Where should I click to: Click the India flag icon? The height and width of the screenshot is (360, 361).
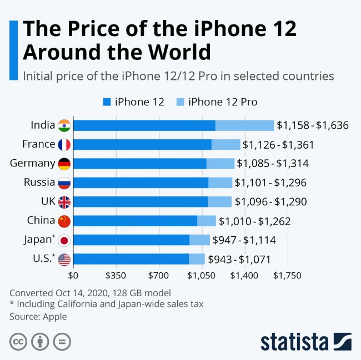(x=64, y=125)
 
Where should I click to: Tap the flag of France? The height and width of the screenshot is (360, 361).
(x=64, y=145)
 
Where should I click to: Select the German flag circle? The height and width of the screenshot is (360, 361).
(x=64, y=164)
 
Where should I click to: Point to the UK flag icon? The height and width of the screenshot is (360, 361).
(x=64, y=202)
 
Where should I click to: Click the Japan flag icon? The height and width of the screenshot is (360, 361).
(x=64, y=240)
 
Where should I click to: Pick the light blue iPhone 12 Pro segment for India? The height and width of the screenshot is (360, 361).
(x=244, y=125)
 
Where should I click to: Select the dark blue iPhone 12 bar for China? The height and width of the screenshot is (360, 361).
(x=135, y=221)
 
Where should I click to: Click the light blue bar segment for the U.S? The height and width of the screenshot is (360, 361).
(x=197, y=259)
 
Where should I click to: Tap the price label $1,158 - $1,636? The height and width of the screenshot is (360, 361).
(x=313, y=125)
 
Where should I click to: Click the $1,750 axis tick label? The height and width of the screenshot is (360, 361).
(x=287, y=275)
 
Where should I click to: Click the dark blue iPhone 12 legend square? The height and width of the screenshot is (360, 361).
(x=107, y=102)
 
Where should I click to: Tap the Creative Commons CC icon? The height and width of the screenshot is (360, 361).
(x=18, y=341)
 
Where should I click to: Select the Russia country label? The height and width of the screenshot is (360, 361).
(x=39, y=182)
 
